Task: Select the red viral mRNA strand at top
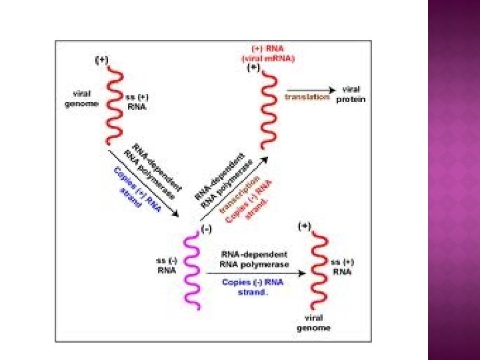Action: click(x=268, y=110)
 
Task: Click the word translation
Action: click(x=307, y=97)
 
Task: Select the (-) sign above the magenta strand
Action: click(x=207, y=227)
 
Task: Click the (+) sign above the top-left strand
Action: click(x=101, y=60)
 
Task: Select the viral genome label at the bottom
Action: click(x=313, y=323)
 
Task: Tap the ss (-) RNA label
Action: click(x=166, y=265)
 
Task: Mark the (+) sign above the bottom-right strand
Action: click(x=305, y=225)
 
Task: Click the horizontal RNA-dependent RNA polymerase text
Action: click(x=253, y=259)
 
